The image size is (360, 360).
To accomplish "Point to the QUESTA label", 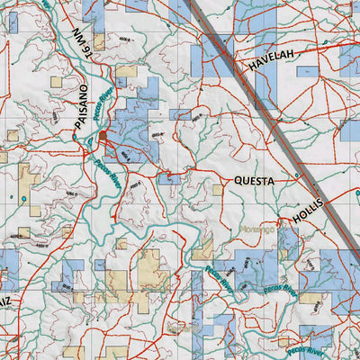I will coord(255,180).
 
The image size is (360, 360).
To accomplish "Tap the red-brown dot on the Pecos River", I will coord(103,136).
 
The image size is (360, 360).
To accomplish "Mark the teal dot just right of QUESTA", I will coord(297,176).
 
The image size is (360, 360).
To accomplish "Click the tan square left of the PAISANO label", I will coord(57,81).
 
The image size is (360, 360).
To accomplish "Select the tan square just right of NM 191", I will coord(98,41).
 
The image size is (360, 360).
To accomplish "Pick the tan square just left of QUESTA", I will coord(218,189).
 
